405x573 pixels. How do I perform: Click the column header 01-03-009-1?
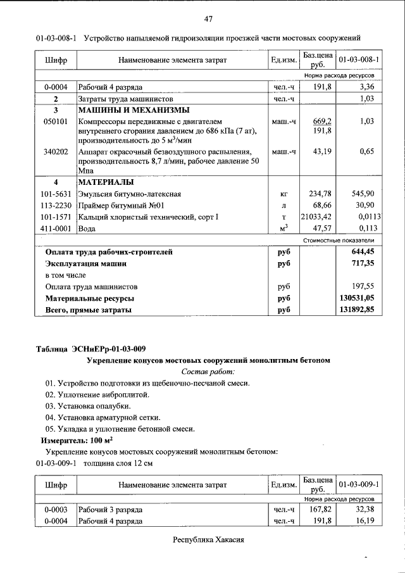[359, 484]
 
